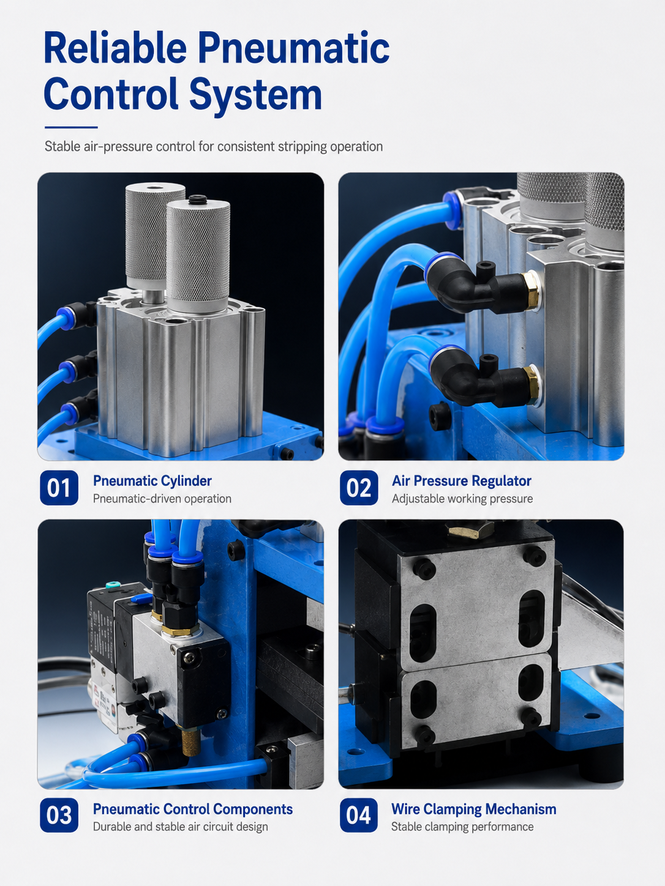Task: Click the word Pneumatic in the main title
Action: [293, 49]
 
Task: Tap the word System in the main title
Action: [255, 95]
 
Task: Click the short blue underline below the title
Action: [71, 127]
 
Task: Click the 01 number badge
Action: [59, 488]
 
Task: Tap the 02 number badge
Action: [359, 488]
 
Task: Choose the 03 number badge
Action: [59, 815]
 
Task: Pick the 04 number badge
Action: [359, 815]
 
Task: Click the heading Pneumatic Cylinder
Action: [152, 481]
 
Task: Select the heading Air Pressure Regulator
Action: [462, 481]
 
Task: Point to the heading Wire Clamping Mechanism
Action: [473, 809]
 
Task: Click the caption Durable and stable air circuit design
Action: [181, 827]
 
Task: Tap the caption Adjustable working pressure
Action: [462, 499]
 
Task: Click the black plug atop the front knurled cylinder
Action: [198, 199]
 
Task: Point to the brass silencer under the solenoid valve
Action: [191, 742]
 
